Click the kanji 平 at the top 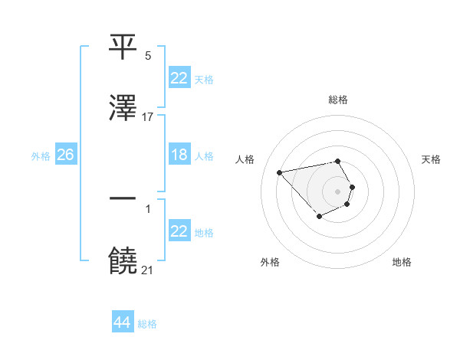click(x=123, y=47)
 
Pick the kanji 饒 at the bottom click(x=123, y=261)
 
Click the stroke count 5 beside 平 click(x=148, y=56)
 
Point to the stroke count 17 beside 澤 click(x=148, y=117)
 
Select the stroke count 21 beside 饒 click(x=148, y=270)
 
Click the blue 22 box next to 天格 click(x=179, y=77)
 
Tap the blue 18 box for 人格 click(x=179, y=155)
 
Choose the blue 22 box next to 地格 click(x=179, y=231)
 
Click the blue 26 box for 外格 click(x=65, y=155)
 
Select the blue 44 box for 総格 click(x=122, y=322)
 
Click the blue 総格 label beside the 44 click(x=148, y=324)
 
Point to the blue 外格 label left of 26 click(x=41, y=156)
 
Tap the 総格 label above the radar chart click(x=338, y=100)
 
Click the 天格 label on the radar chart click(x=432, y=159)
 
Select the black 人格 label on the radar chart click(x=245, y=159)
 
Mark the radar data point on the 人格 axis click(x=280, y=172)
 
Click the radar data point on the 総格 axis click(x=338, y=161)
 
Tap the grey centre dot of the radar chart click(x=338, y=191)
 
